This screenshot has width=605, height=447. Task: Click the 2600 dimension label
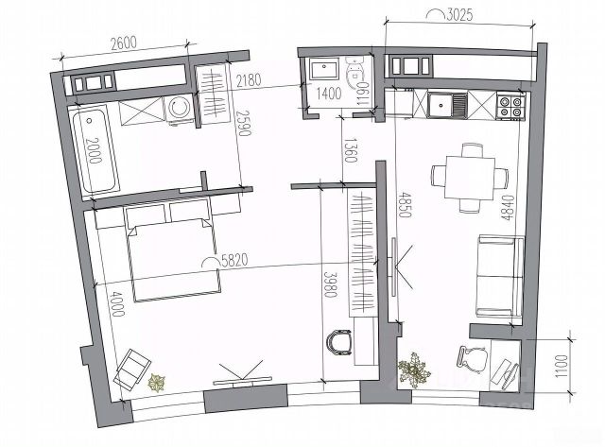coord(124,43)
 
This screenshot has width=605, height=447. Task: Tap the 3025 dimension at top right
coord(459,15)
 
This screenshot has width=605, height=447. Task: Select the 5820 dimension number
coord(233,261)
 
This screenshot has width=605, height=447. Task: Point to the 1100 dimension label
coord(563,367)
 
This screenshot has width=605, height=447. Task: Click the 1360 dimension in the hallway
coord(350,150)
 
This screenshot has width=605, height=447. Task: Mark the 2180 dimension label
coord(249,81)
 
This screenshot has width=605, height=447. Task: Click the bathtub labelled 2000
coord(95,150)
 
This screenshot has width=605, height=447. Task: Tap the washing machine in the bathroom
coord(180,109)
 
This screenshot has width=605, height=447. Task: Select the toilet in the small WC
coord(355,73)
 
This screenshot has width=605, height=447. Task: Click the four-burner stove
coord(510,107)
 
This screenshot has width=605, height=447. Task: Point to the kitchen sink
coord(447,105)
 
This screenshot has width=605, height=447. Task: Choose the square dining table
coord(470,178)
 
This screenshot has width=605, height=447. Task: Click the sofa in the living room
coord(500,277)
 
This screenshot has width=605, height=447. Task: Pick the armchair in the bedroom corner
coord(132,369)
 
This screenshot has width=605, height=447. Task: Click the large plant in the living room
coord(414,370)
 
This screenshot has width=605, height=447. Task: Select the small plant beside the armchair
coord(157,382)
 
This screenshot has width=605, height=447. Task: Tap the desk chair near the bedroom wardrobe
coord(339,341)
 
